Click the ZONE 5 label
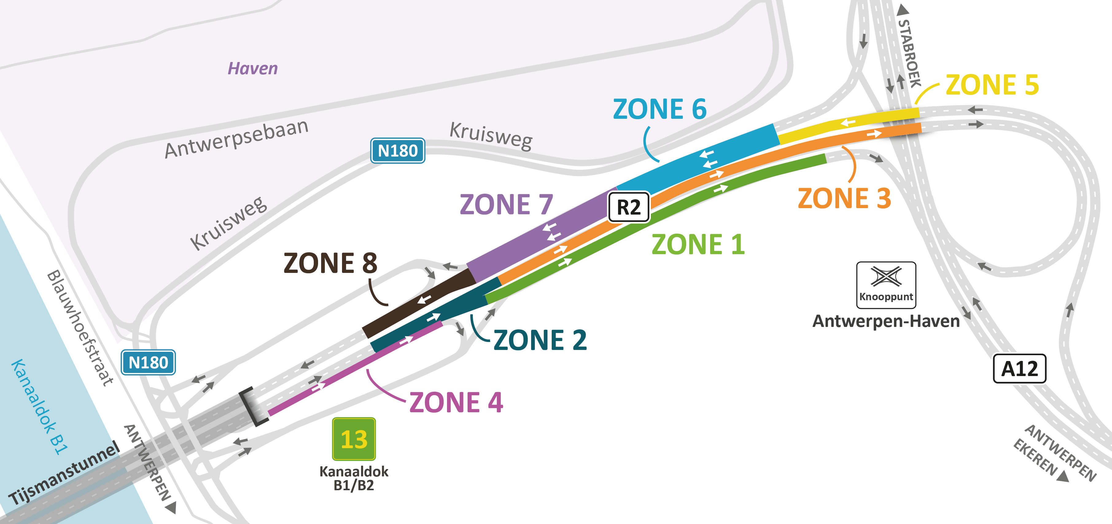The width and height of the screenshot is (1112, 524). click(992, 85)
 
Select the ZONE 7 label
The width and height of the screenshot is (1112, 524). click(506, 204)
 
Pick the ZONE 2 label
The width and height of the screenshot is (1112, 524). click(540, 340)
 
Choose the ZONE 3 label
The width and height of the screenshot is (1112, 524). click(844, 199)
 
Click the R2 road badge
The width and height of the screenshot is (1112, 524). click(628, 207)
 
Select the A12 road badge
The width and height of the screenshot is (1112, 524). click(1019, 369)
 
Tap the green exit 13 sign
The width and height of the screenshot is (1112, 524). click(354, 439)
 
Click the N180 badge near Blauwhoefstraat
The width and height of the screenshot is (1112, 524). click(148, 363)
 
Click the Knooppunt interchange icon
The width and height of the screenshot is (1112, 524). click(886, 285)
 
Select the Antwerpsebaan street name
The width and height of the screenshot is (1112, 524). click(237, 138)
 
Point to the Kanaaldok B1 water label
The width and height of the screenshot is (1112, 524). click(39, 407)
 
